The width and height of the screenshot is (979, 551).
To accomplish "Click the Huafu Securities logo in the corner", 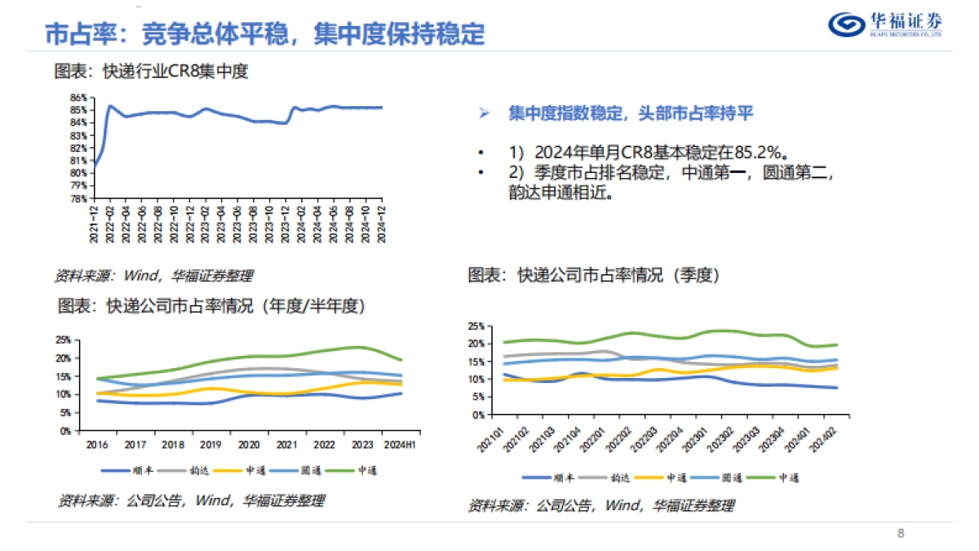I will point(885,24).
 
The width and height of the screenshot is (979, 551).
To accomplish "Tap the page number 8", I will point(901,534).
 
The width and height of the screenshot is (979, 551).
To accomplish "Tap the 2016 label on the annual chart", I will point(97,445).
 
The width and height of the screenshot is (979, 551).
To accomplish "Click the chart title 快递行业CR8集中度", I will point(151,71).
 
